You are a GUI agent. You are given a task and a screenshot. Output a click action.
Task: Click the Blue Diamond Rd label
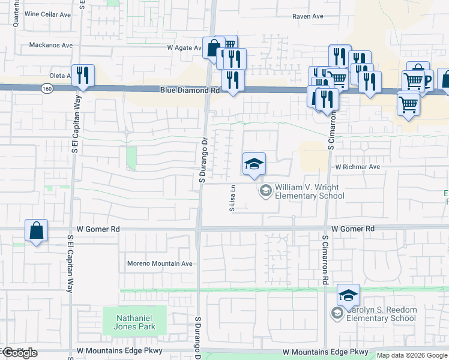pyautogui.click(x=190, y=90)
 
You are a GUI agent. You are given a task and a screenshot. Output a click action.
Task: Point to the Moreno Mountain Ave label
pyautogui.click(x=160, y=263)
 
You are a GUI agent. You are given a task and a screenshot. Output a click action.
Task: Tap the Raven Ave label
pyautogui.click(x=309, y=17)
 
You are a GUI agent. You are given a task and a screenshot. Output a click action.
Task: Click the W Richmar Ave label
pyautogui.click(x=358, y=167)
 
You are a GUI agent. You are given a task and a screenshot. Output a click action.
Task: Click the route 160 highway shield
pyautogui.click(x=47, y=89)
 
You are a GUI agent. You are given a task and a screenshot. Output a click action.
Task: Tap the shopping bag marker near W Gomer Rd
pyautogui.click(x=37, y=230)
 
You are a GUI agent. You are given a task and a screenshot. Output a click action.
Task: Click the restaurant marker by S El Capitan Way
pyautogui.click(x=83, y=76)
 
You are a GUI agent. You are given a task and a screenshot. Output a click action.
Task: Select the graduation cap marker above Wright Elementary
pyautogui.click(x=254, y=164)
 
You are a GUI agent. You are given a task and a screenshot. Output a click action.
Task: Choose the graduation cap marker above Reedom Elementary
pyautogui.click(x=348, y=295)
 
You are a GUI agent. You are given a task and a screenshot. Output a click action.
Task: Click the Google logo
pyautogui.click(x=19, y=353)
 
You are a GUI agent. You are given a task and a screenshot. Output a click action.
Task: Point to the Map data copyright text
pyautogui.click(x=412, y=356)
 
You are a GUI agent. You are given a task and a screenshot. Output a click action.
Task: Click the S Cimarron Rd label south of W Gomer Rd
pyautogui.click(x=324, y=260)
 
